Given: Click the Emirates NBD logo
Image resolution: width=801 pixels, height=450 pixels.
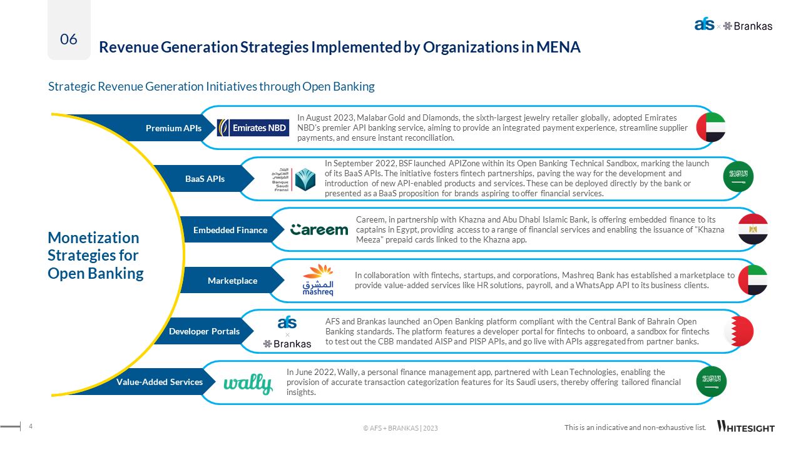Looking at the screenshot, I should [253, 127].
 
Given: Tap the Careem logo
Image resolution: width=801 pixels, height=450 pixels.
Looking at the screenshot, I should [319, 230].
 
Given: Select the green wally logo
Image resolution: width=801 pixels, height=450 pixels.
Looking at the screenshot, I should [248, 383].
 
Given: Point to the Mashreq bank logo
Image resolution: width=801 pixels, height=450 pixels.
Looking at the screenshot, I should [318, 280].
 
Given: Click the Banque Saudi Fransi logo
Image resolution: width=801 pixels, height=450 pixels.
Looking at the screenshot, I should [293, 179].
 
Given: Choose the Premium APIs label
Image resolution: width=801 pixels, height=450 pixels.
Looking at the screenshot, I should [173, 128].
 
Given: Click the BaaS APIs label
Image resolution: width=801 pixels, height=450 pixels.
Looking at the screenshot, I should [205, 179].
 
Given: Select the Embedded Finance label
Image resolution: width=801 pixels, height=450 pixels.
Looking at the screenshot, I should [230, 230].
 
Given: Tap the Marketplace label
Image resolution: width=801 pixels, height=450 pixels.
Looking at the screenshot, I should [232, 281].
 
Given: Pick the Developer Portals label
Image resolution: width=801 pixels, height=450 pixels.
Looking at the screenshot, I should [204, 331].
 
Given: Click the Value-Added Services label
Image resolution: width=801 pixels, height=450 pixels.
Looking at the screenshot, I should [160, 382].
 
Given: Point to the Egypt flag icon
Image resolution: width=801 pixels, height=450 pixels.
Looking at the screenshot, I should [753, 229].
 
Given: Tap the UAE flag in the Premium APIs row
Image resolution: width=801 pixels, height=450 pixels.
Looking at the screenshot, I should [711, 127].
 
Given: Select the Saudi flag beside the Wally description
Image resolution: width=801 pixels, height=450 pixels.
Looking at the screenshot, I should [712, 381].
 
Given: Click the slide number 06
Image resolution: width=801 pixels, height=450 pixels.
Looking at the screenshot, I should [69, 39].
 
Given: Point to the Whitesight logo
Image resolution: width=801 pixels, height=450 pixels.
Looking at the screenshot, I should [746, 427].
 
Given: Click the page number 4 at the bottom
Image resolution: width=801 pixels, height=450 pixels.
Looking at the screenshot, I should [31, 426].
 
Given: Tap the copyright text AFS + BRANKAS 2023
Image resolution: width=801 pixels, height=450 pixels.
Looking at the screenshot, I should [400, 428].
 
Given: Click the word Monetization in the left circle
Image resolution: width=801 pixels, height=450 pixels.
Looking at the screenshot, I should [93, 237].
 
